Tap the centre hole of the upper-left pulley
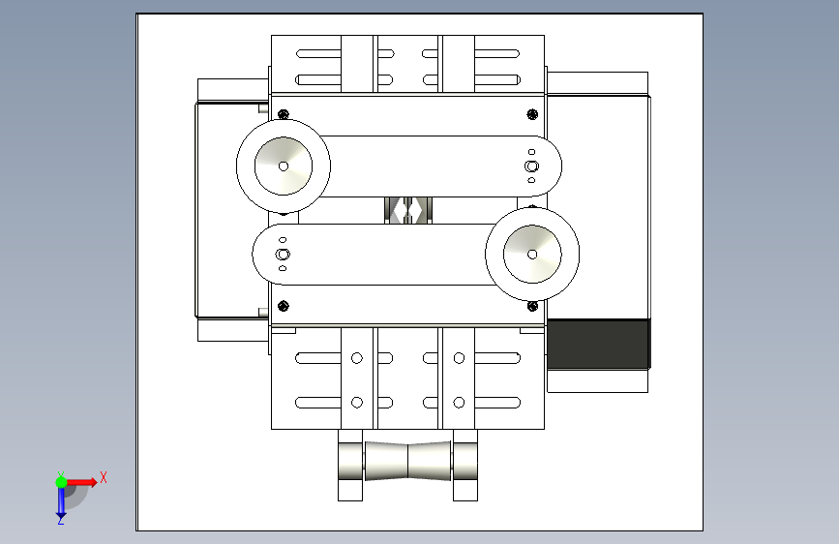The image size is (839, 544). click(283, 166)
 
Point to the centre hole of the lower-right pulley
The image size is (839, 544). click(532, 254)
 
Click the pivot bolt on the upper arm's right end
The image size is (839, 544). click(531, 166)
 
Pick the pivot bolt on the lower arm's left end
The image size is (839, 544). click(284, 254)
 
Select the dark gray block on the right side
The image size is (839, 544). click(597, 343)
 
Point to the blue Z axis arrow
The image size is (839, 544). click(60, 500)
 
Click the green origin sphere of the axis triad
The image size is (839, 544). click(61, 481)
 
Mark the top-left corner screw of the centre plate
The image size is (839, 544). click(284, 114)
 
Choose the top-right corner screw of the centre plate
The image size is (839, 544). click(532, 115)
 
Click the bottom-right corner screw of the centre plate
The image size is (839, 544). click(532, 306)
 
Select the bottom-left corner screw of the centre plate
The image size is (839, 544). click(284, 306)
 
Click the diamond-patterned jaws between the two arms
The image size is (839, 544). click(408, 209)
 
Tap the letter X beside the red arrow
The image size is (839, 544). click(103, 477)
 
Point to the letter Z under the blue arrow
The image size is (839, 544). click(60, 520)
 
